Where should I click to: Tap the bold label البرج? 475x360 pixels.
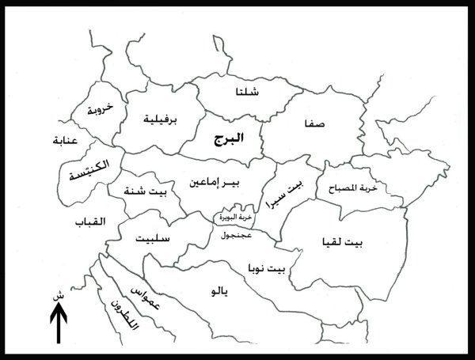[x=228, y=138]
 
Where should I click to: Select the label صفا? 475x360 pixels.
[x=315, y=125]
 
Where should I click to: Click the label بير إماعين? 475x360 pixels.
[x=214, y=184]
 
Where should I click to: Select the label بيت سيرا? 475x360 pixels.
[x=289, y=191]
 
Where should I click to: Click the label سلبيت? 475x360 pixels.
[x=152, y=239]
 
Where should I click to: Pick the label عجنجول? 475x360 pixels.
[x=237, y=235]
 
